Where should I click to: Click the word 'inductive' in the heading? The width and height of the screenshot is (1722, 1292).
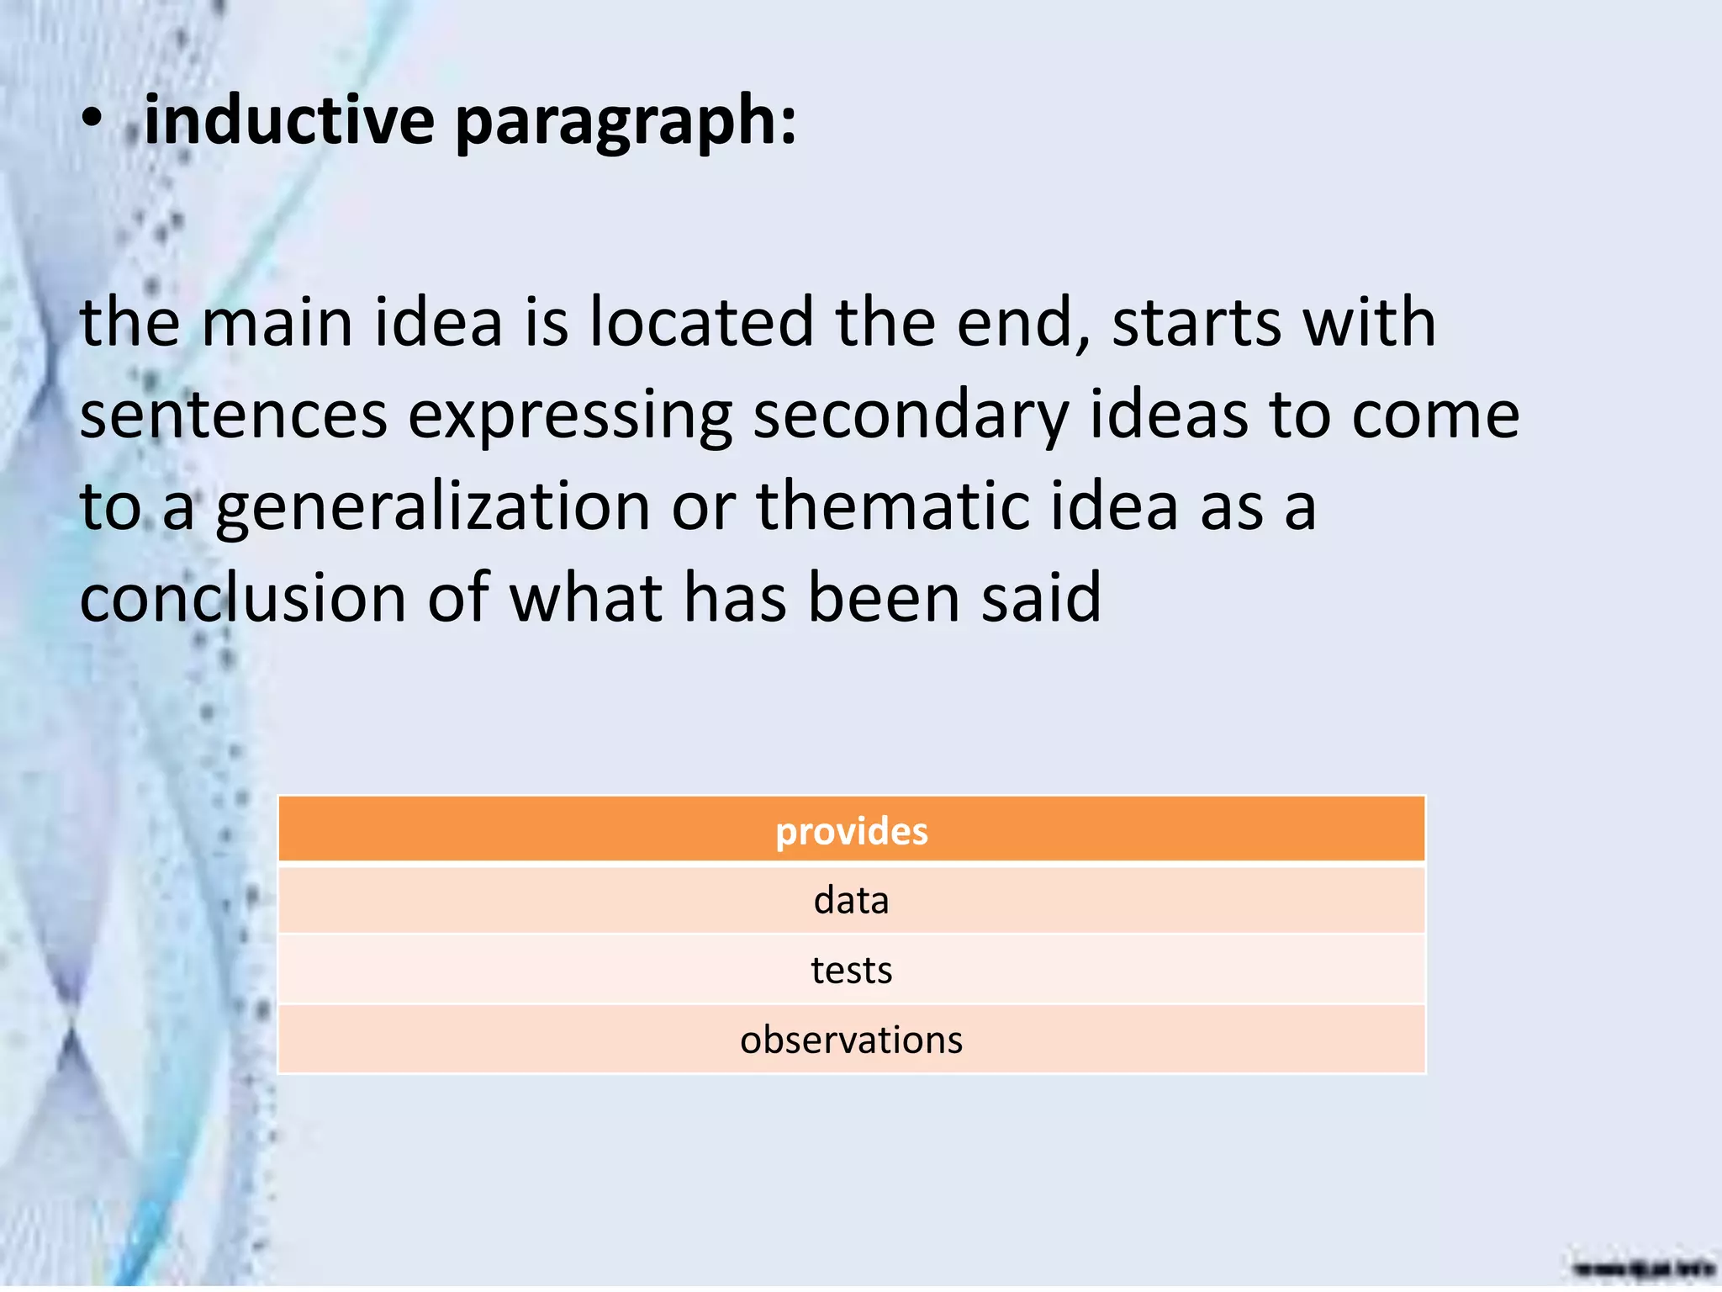click(x=289, y=119)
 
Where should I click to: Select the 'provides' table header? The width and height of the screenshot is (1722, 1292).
click(x=851, y=831)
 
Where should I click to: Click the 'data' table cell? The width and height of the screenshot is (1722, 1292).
click(x=851, y=901)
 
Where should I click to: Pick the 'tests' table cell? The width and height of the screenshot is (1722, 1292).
click(x=851, y=971)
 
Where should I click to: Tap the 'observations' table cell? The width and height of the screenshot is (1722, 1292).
click(x=851, y=1040)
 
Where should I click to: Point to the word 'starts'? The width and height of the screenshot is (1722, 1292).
click(x=1196, y=324)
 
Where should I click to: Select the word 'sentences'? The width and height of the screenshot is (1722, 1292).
click(x=233, y=416)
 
